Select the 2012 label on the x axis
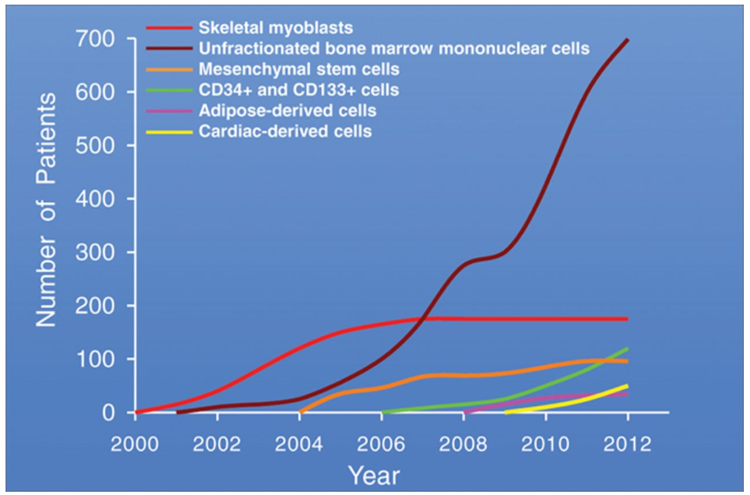coord(628,441)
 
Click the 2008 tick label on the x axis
coord(464,441)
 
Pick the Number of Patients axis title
coord(48,209)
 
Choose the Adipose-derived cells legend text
coord(287,110)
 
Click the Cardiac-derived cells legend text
coord(285,131)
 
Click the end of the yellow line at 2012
coord(628,386)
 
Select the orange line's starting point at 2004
coord(300,411)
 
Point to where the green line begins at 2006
coord(382,411)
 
